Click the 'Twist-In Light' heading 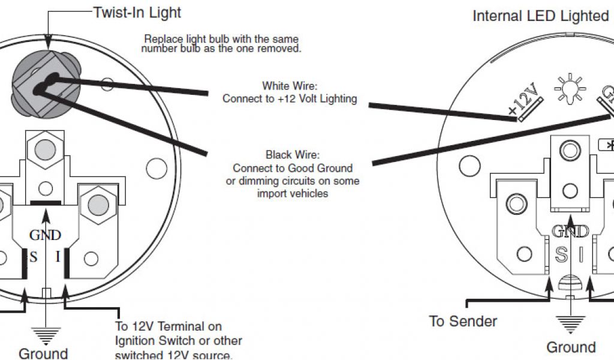137,12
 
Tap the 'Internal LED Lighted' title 540,16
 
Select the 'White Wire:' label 289,86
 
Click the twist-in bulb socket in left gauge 44,86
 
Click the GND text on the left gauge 46,236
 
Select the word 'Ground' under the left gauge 43,353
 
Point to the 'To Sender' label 463,322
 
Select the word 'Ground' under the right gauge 570,347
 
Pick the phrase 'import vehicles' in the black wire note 292,193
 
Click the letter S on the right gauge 561,255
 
